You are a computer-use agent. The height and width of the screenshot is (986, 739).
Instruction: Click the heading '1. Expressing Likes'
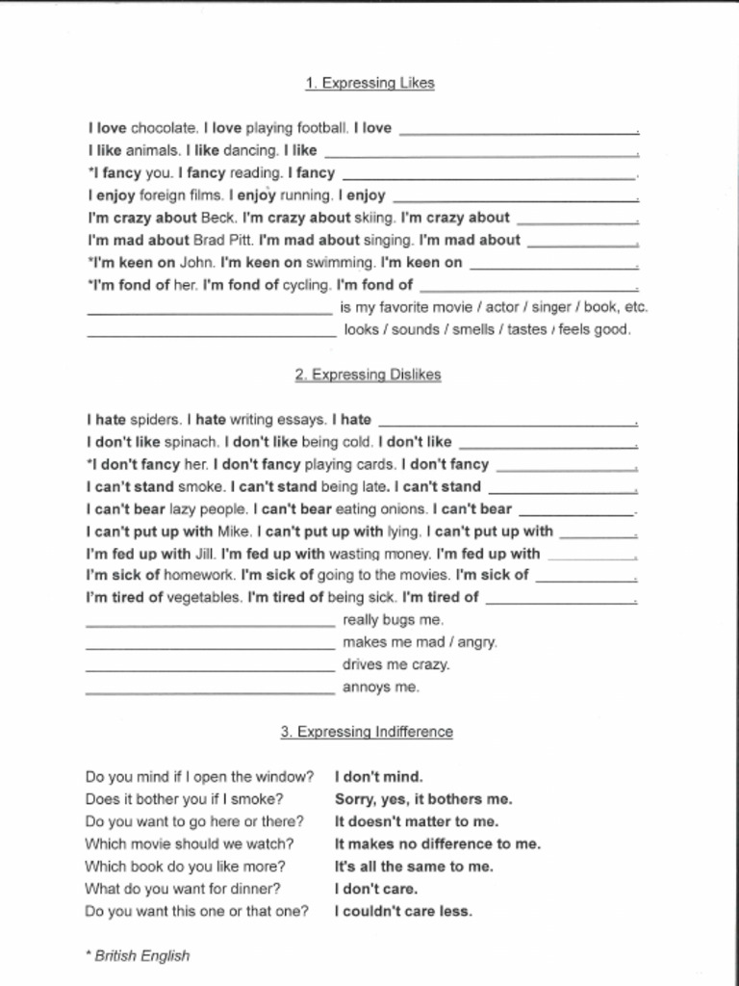[x=369, y=83]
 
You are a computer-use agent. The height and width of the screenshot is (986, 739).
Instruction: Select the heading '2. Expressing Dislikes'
[x=368, y=375]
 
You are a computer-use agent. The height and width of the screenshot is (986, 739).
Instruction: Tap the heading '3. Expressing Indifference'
[x=367, y=732]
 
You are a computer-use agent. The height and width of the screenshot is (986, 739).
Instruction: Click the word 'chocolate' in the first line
[x=164, y=128]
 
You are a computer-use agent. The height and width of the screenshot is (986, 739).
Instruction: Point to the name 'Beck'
[x=218, y=218]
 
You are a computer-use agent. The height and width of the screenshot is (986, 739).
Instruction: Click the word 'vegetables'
[x=205, y=597]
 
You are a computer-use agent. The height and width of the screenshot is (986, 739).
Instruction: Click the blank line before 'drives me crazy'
[x=210, y=666]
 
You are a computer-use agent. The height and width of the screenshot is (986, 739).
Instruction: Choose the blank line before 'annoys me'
[x=210, y=689]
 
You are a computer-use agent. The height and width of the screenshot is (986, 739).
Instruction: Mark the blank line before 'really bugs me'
[x=210, y=622]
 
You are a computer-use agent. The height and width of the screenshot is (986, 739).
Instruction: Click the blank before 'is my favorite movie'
[x=209, y=310]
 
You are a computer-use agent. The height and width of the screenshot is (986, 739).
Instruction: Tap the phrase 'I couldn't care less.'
[x=403, y=911]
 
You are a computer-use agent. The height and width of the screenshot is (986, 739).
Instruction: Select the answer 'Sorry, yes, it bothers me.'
[x=423, y=799]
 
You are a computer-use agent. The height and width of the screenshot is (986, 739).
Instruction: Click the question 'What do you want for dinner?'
[x=183, y=889]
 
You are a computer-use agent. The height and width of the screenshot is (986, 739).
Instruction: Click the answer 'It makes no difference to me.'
[x=437, y=844]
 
